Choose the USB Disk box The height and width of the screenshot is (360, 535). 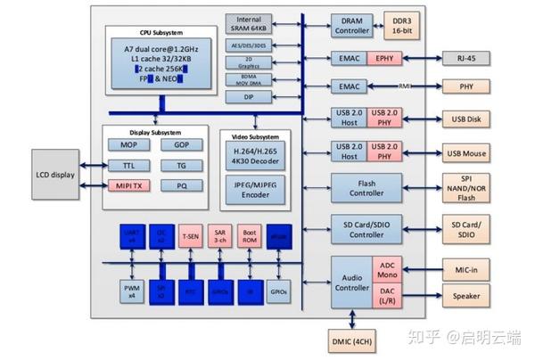click(466, 119)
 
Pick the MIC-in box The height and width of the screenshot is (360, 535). click(466, 268)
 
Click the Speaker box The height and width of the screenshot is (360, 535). click(466, 297)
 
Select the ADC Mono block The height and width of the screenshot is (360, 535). click(388, 269)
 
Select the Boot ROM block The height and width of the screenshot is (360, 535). click(251, 236)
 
